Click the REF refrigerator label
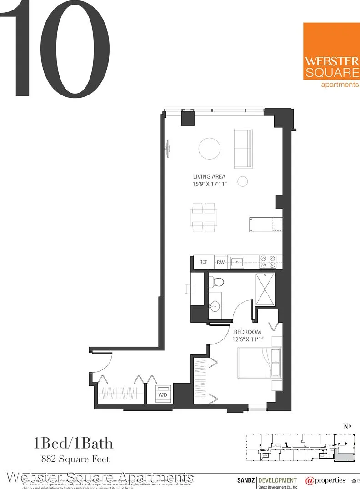pyautogui.click(x=203, y=262)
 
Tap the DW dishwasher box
pyautogui.click(x=221, y=262)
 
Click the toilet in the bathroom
pyautogui.click(x=216, y=282)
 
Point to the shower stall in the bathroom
pyautogui.click(x=265, y=290)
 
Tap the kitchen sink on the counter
pyautogui.click(x=237, y=262)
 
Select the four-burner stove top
pyautogui.click(x=267, y=262)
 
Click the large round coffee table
pyautogui.click(x=210, y=149)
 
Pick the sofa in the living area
pyautogui.click(x=243, y=149)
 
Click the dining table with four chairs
pyautogui.click(x=203, y=217)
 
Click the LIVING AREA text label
pyautogui.click(x=209, y=177)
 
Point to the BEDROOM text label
pyautogui.click(x=247, y=332)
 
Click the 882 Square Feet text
pyautogui.click(x=71, y=459)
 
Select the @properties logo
pyautogui.click(x=325, y=480)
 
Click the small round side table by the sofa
pyautogui.click(x=243, y=181)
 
